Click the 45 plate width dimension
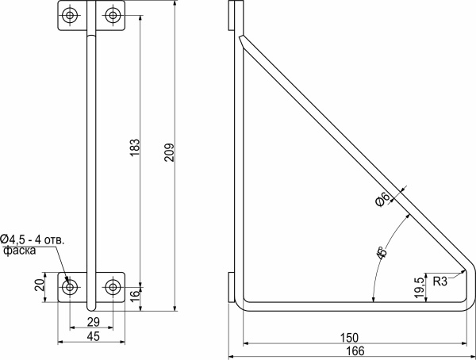[x=92, y=337]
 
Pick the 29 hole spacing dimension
[x=92, y=321]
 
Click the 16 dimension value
[x=134, y=293]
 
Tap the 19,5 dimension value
[x=418, y=285]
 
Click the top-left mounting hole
[x=71, y=16]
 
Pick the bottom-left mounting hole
[x=71, y=286]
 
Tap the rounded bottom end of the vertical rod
[x=93, y=307]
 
